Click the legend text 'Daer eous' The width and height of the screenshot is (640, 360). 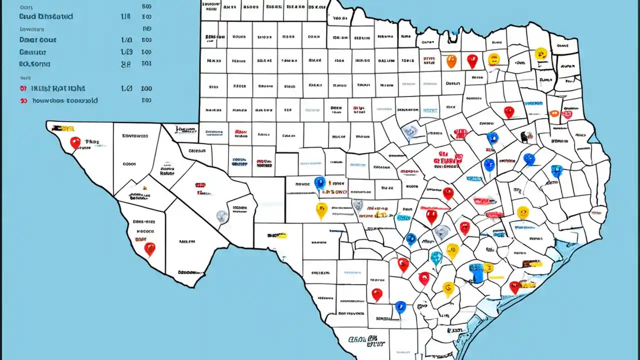(38, 39)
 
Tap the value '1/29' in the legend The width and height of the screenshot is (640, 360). (126, 52)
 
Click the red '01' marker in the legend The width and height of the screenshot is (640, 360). (23, 88)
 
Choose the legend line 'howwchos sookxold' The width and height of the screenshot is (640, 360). (64, 100)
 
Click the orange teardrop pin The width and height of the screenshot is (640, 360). (451, 61)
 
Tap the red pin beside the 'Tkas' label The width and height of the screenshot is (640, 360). (75, 142)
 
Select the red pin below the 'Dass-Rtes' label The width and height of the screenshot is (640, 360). (149, 248)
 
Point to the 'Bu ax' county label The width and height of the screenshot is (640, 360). (387, 188)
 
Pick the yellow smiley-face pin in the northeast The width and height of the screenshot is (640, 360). (540, 53)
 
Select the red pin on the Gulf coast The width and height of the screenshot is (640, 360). (514, 287)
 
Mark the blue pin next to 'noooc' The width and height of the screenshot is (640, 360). (319, 183)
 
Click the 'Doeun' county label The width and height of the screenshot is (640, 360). (452, 84)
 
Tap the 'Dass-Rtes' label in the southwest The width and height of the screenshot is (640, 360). (144, 221)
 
